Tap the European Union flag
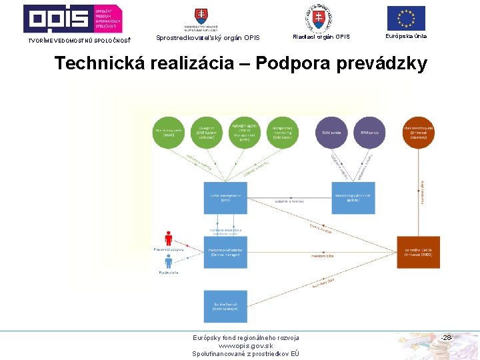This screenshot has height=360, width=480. pos(406,18)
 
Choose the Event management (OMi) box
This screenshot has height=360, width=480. pos(225,198)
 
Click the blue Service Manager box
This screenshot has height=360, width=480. pos(225,252)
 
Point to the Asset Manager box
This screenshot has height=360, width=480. pos(225,306)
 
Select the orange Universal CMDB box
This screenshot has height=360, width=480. pos(418,252)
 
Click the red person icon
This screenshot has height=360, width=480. pos(168,238)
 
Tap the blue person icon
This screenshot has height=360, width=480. pos(169,261)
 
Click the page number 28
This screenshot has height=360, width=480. pos(447,338)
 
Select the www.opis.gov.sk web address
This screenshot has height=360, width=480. pos(245,346)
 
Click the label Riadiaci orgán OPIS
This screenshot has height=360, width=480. pos(321,37)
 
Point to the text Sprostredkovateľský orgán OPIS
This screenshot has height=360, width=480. pos(207,37)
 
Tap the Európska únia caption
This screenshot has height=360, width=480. pos(406,36)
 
